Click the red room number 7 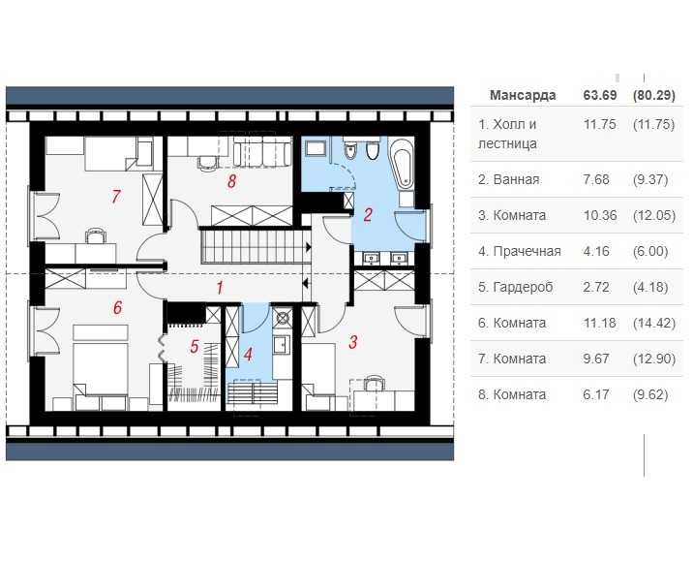click(x=115, y=197)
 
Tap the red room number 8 click(x=231, y=181)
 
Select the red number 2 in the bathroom click(x=368, y=215)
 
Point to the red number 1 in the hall click(x=220, y=288)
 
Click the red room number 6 click(x=117, y=308)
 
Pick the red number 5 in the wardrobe click(x=195, y=345)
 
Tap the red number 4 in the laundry click(x=248, y=353)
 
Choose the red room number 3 click(x=353, y=341)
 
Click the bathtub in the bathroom click(x=403, y=166)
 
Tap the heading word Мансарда click(x=523, y=95)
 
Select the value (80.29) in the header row click(x=653, y=95)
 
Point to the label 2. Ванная click(x=509, y=179)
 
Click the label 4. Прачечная click(x=520, y=251)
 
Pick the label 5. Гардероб click(x=515, y=287)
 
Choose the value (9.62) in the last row click(x=653, y=394)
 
